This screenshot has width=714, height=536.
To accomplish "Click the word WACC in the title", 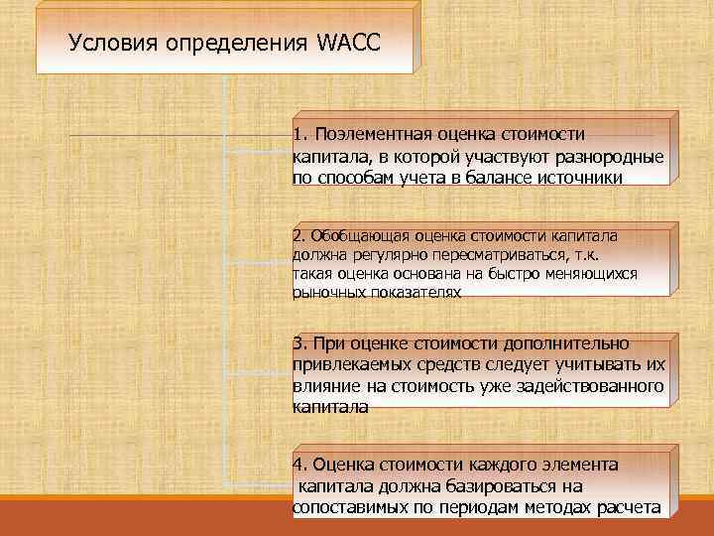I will tap(349, 44).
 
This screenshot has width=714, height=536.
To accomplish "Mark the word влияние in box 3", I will tap(325, 386).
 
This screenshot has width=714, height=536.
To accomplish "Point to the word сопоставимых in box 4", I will tap(351, 508).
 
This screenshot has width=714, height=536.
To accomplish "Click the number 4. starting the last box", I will tap(300, 465).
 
